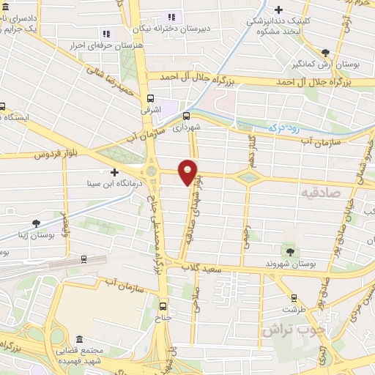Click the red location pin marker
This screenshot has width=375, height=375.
[x=189, y=171]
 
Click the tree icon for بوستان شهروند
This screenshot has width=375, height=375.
[x=292, y=251]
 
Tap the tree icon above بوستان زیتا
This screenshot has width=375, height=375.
[x=36, y=223]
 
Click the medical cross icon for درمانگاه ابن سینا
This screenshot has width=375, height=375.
[x=114, y=171]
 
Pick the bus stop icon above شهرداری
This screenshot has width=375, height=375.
[x=186, y=115]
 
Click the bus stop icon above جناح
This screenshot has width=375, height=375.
[x=163, y=308]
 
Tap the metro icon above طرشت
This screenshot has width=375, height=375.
[x=294, y=298]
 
